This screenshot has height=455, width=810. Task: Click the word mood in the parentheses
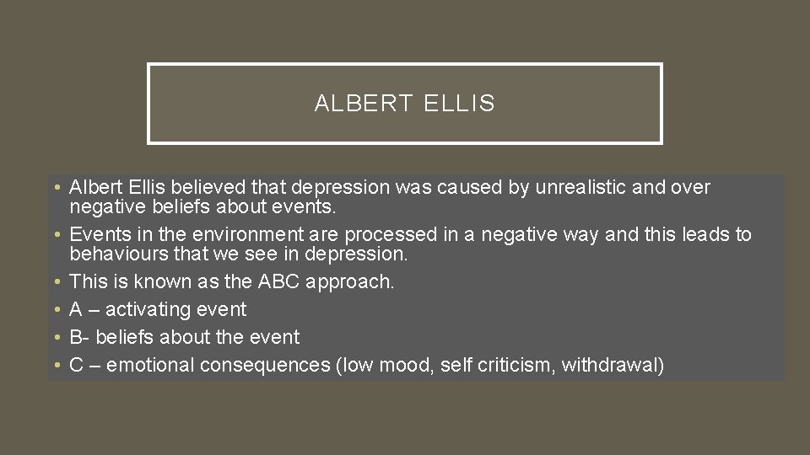point(406,365)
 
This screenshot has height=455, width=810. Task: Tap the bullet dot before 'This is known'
point(55,281)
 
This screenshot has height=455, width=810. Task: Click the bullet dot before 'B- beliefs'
point(55,337)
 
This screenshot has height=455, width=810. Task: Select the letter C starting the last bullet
point(76,365)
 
